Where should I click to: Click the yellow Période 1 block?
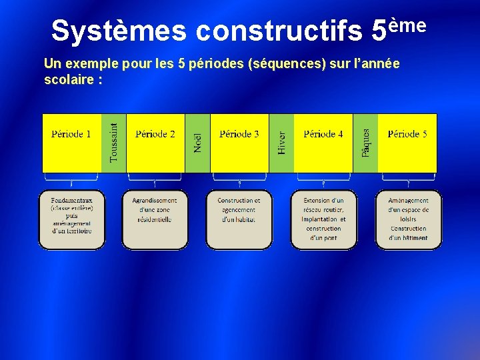(71, 143)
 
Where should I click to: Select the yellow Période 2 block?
(155, 143)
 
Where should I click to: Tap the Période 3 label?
(239, 134)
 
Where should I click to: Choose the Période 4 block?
(323, 143)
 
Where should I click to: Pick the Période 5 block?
(407, 143)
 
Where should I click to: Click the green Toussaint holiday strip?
(114, 143)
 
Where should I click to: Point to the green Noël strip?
(198, 143)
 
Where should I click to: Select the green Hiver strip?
(282, 143)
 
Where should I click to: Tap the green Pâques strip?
(366, 143)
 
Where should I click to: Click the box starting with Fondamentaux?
(72, 219)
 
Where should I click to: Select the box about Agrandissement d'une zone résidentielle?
(155, 219)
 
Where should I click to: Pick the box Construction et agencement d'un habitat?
(239, 219)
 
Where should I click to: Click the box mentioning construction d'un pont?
(324, 219)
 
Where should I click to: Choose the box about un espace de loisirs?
(409, 219)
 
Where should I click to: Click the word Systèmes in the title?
(119, 31)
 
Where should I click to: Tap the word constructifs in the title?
(280, 31)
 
